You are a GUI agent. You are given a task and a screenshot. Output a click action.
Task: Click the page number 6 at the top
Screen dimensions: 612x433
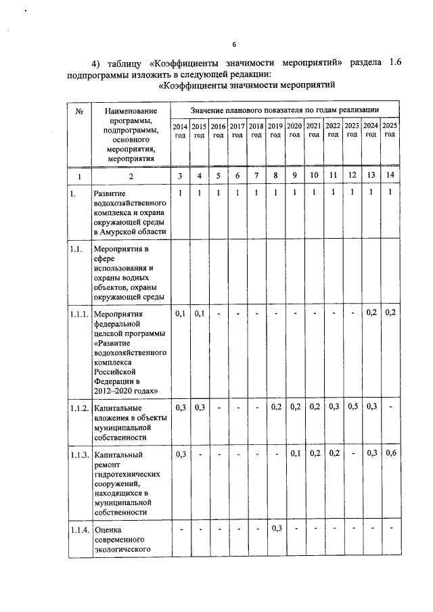(233, 45)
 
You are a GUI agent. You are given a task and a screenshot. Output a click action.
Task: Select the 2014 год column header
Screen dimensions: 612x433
(180, 131)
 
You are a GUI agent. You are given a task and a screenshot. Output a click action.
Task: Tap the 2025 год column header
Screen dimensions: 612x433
(390, 131)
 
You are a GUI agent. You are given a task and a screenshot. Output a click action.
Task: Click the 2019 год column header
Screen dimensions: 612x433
(275, 131)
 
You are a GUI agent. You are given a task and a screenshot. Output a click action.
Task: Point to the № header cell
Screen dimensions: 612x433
(80, 111)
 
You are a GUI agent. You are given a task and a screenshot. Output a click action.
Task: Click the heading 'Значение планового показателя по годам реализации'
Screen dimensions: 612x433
(284, 110)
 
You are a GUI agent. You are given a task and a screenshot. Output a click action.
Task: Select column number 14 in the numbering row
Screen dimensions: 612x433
(390, 176)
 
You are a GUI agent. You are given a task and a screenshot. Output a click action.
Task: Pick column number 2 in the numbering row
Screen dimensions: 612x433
(131, 176)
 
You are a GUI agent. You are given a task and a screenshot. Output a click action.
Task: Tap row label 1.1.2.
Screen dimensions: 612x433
(78, 408)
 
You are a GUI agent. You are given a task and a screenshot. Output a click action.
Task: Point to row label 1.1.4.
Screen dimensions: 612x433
(78, 529)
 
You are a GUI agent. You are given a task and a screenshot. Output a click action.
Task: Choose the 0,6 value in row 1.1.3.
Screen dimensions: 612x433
(390, 454)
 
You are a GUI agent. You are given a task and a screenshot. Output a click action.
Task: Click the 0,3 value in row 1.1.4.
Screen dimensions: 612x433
(275, 528)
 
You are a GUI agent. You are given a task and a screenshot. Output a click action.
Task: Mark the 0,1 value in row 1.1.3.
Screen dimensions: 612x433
(294, 454)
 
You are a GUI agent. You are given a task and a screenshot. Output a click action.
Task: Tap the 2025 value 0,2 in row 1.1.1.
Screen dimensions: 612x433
(390, 313)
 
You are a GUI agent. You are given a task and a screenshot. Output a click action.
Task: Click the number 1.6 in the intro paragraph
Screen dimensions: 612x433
(395, 63)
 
